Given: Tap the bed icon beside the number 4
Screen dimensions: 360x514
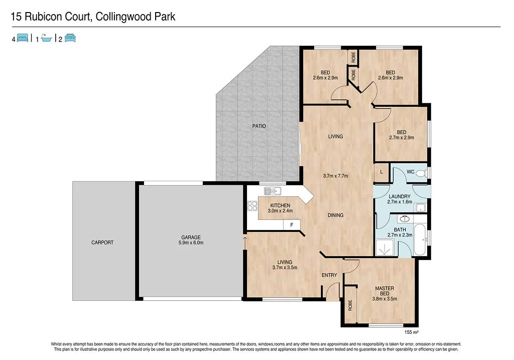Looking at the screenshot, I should (23, 38).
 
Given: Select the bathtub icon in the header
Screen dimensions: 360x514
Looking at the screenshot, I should (46, 38).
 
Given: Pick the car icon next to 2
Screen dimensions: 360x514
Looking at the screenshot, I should (69, 38).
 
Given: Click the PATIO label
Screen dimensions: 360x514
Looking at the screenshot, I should (259, 126).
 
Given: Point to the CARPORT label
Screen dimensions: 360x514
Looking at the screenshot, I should (102, 243).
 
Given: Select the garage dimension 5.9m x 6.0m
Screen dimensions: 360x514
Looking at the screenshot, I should (191, 243).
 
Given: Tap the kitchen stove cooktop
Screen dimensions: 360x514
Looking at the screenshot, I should (251, 205).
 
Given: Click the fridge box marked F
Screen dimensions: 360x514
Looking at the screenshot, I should (292, 225).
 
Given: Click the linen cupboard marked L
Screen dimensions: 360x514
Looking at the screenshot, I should (381, 172).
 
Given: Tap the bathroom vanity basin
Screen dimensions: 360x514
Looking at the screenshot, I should (405, 219).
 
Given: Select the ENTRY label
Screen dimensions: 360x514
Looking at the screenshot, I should (329, 275).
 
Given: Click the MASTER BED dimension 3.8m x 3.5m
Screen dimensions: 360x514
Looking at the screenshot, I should (384, 298).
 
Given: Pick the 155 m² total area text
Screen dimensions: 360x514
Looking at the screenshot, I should (411, 332).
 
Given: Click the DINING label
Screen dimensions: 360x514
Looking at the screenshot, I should (335, 215).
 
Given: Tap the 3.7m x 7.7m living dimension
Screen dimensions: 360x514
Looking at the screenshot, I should (335, 176).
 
